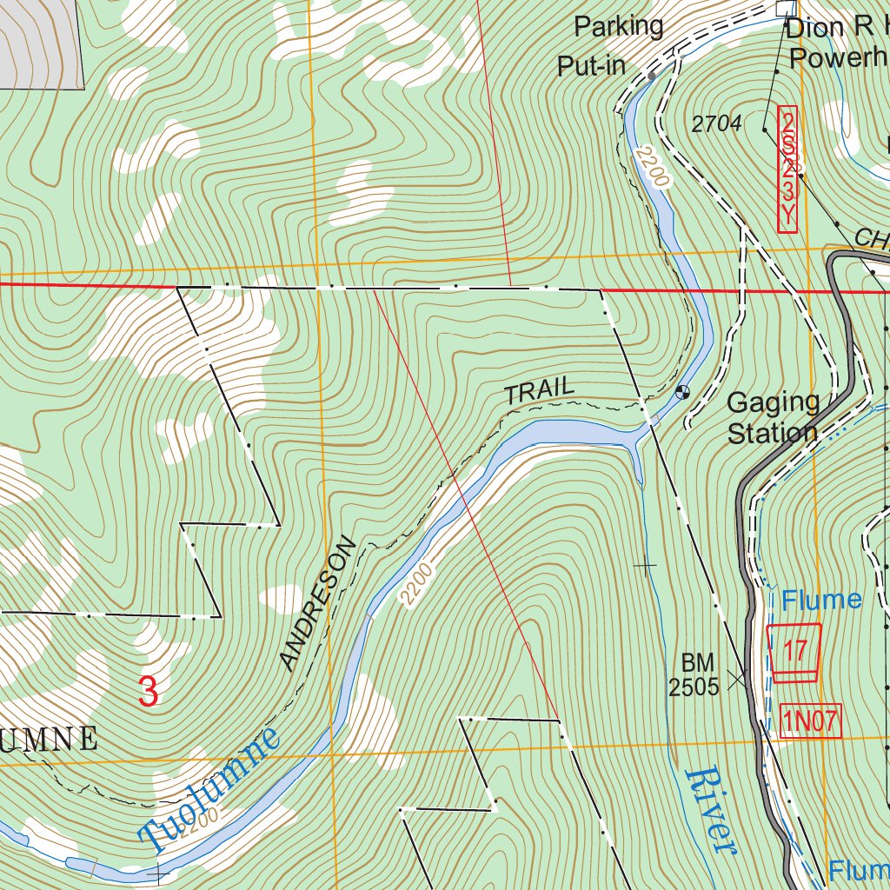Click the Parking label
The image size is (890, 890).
click(619, 27)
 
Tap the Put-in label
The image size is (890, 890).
click(591, 67)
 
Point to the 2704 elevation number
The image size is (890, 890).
click(716, 124)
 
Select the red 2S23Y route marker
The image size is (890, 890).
click(787, 169)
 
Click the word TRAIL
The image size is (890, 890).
click(540, 391)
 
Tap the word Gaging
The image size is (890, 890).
click(773, 402)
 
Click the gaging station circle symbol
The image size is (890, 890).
click(682, 392)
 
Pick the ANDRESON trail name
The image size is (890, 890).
click(318, 604)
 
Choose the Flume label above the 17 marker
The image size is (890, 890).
click(820, 600)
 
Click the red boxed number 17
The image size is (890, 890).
click(794, 650)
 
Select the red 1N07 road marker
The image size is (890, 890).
click(812, 721)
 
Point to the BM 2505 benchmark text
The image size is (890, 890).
click(694, 676)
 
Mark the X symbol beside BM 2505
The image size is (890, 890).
click(739, 678)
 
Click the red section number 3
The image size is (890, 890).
click(149, 692)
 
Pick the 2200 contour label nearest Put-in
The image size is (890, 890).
click(652, 168)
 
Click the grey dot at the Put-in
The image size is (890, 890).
click(651, 76)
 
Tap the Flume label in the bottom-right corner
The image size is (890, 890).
click(857, 869)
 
